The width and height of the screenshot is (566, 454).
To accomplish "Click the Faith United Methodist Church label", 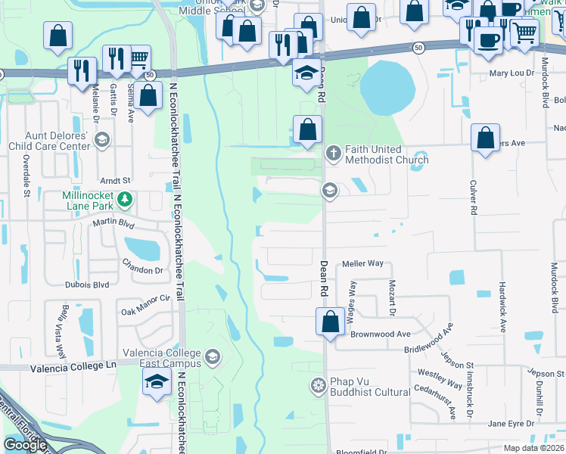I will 387,154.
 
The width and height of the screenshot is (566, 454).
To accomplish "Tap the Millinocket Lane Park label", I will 87,200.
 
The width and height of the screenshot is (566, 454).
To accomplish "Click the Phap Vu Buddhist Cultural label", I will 369,387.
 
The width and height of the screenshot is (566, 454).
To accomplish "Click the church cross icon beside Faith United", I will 332,154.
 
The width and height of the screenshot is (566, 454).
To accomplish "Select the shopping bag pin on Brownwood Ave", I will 330,321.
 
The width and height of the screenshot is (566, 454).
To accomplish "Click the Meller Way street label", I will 363,264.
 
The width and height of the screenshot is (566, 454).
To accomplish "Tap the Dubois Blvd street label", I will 88,285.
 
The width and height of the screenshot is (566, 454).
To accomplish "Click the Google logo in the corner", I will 26,445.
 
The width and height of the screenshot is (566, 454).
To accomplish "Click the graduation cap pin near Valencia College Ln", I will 157,381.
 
